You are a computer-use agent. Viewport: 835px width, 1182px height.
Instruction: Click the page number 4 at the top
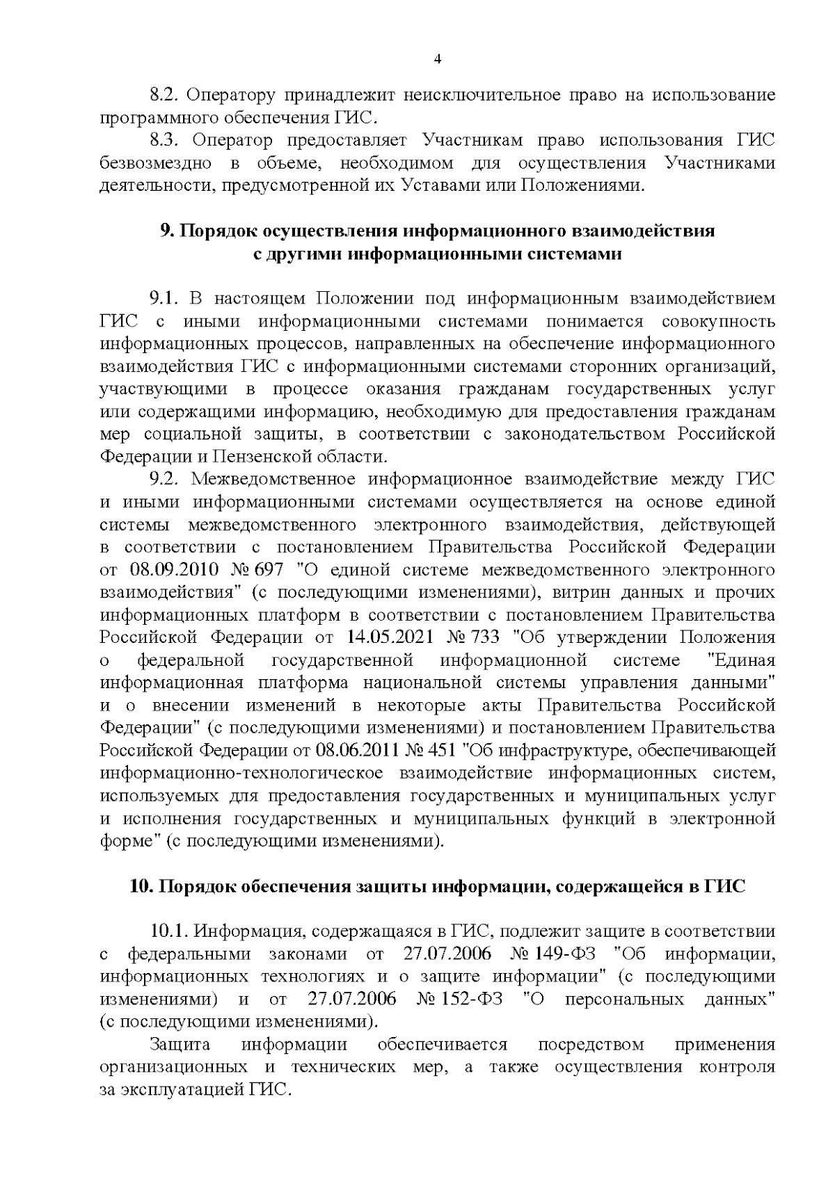(437, 59)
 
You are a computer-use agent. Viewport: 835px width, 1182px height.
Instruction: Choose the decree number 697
(268, 570)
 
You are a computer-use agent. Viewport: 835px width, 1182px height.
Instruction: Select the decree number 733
(487, 637)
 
